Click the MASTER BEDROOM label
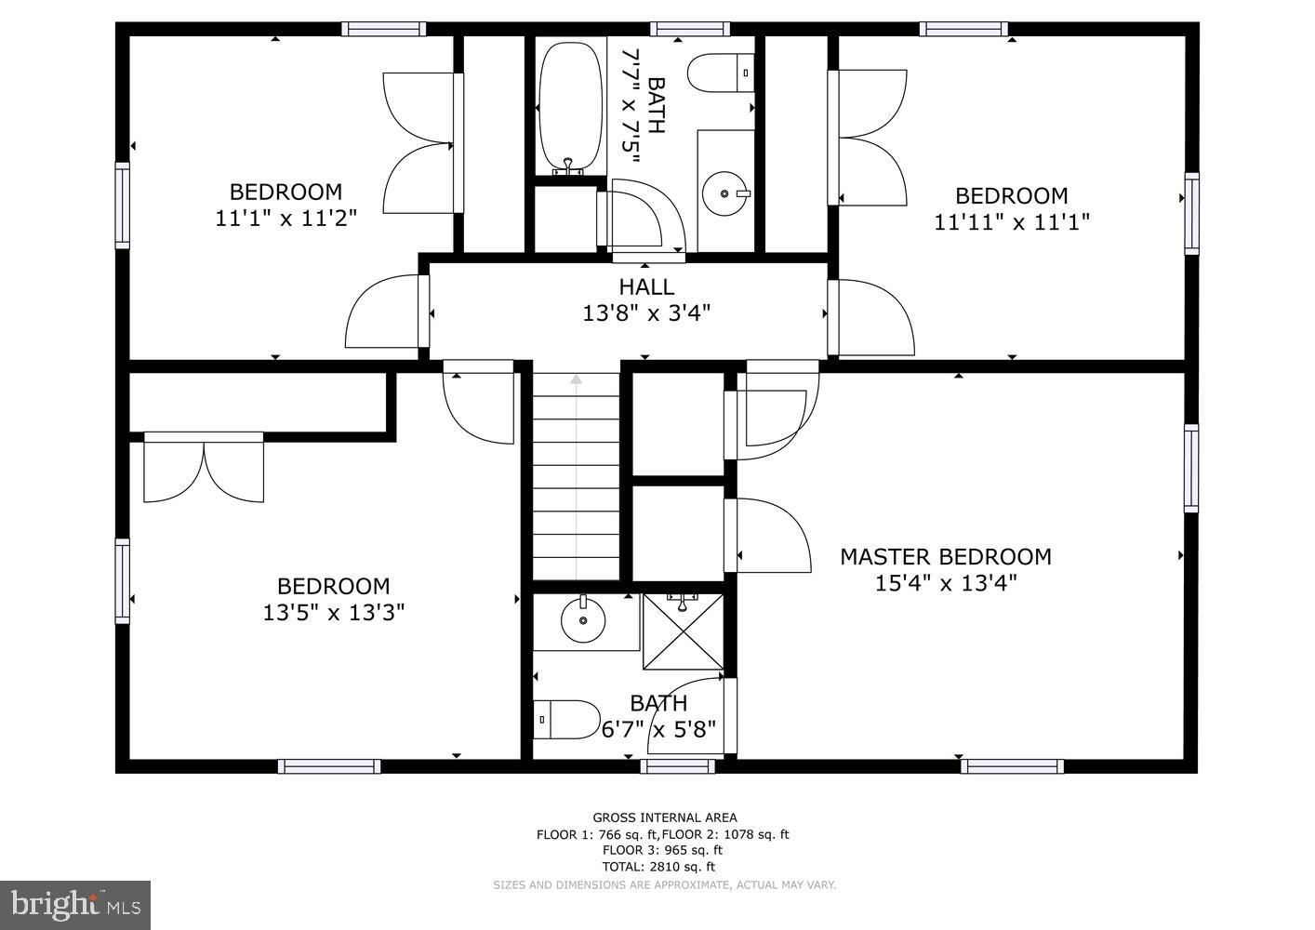945,557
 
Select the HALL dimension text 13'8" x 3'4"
646,313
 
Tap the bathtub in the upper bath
570,107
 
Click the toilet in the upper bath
721,73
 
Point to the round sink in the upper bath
724,193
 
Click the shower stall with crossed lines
683,631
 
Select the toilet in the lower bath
567,719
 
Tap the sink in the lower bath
583,620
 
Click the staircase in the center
576,476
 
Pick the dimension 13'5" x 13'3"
333,613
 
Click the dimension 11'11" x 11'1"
1011,222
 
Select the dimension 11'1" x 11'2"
286,219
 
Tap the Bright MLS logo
74,904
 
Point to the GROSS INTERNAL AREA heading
664,818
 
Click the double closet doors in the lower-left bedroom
204,468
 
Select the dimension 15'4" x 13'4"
945,583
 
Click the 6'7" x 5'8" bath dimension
658,729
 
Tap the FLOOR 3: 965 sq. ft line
662,850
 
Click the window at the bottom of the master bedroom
1011,766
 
